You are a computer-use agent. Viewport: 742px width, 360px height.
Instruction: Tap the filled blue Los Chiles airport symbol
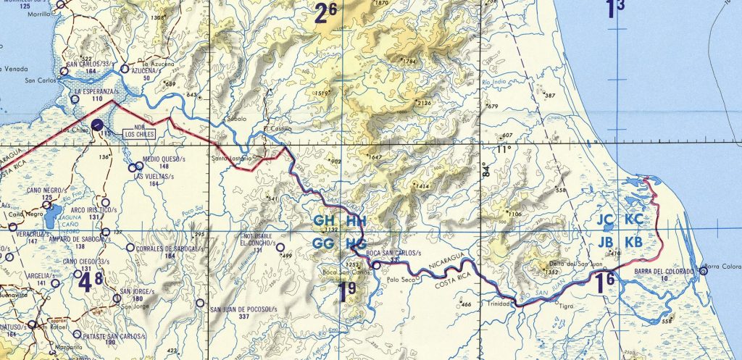point(106,125)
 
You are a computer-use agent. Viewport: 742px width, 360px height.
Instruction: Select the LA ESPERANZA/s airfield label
point(95,93)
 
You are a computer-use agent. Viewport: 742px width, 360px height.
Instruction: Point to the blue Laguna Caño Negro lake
point(52,213)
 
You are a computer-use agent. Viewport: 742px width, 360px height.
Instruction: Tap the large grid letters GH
point(325,220)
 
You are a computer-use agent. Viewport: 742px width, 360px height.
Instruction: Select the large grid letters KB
point(633,241)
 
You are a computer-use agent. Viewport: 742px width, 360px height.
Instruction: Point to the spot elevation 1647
point(375,157)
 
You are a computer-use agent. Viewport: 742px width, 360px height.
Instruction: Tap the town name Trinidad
point(500,304)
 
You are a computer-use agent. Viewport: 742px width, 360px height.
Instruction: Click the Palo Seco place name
point(400,279)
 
